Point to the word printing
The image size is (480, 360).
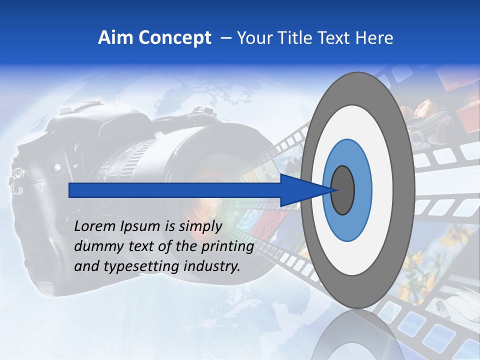(227, 247)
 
